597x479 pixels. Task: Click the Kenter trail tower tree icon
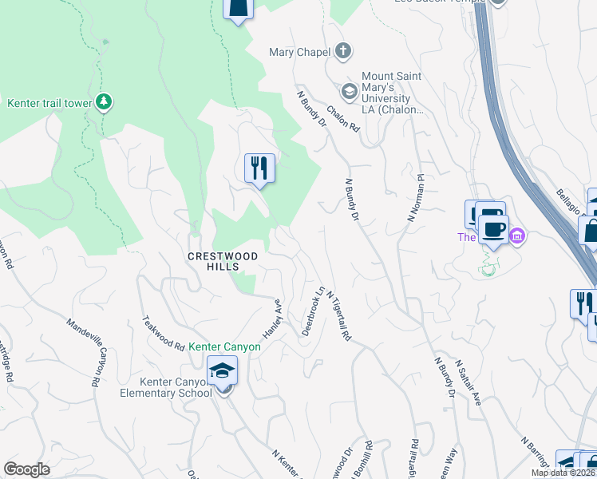pos(103,102)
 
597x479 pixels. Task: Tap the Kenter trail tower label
pos(48,103)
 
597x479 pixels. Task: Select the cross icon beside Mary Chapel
pos(343,53)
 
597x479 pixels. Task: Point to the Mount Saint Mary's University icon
pos(349,90)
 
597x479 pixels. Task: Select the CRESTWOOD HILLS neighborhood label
pos(223,256)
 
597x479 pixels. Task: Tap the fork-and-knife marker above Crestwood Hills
pos(259,168)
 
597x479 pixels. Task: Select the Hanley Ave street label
pos(273,318)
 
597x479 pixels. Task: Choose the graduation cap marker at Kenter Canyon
pos(223,370)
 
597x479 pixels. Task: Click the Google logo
pos(26,469)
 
